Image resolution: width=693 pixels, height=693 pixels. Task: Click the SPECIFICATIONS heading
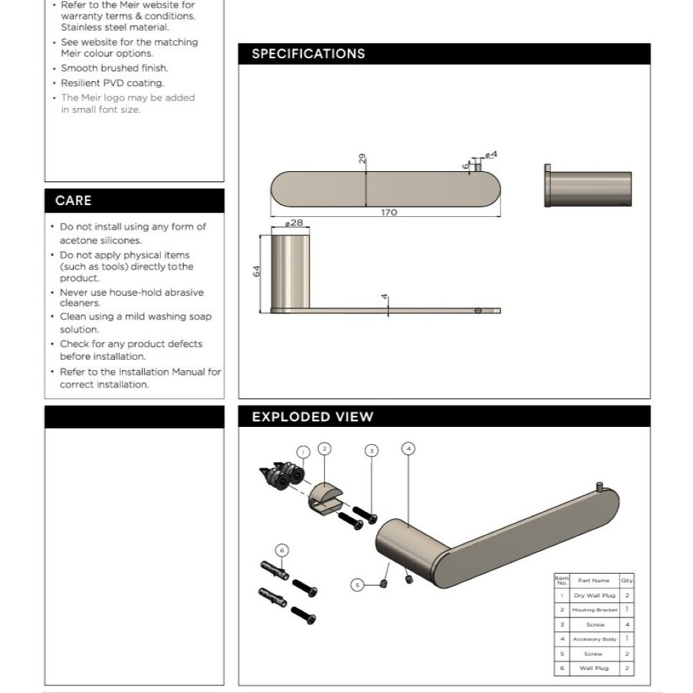308,54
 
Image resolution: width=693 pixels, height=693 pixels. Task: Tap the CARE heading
73,200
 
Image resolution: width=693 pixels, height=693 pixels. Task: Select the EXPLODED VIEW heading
313,417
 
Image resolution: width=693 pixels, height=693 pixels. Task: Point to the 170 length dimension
389,212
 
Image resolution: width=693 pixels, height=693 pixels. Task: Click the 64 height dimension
256,272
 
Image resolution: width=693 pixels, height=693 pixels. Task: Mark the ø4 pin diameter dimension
491,154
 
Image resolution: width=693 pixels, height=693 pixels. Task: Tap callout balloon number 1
302,452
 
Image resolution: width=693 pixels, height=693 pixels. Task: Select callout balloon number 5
358,585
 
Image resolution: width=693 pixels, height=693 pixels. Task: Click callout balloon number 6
281,551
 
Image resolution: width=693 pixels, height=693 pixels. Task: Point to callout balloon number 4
408,448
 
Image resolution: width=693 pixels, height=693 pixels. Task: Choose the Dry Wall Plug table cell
594,595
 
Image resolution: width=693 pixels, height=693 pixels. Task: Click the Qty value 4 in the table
627,624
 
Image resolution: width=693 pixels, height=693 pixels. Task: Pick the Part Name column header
594,581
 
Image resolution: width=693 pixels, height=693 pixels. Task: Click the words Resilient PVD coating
112,83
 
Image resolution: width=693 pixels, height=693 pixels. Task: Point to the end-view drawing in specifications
587,188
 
